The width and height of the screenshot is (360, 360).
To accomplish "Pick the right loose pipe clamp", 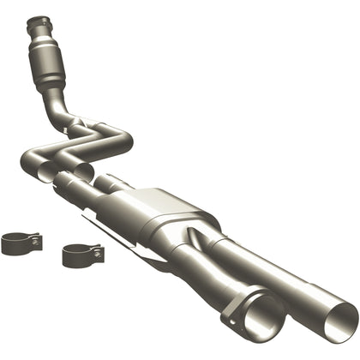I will (x=81, y=255).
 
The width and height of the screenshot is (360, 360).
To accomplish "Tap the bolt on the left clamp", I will (x=37, y=242).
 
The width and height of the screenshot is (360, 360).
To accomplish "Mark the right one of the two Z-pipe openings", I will (x=83, y=171).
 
